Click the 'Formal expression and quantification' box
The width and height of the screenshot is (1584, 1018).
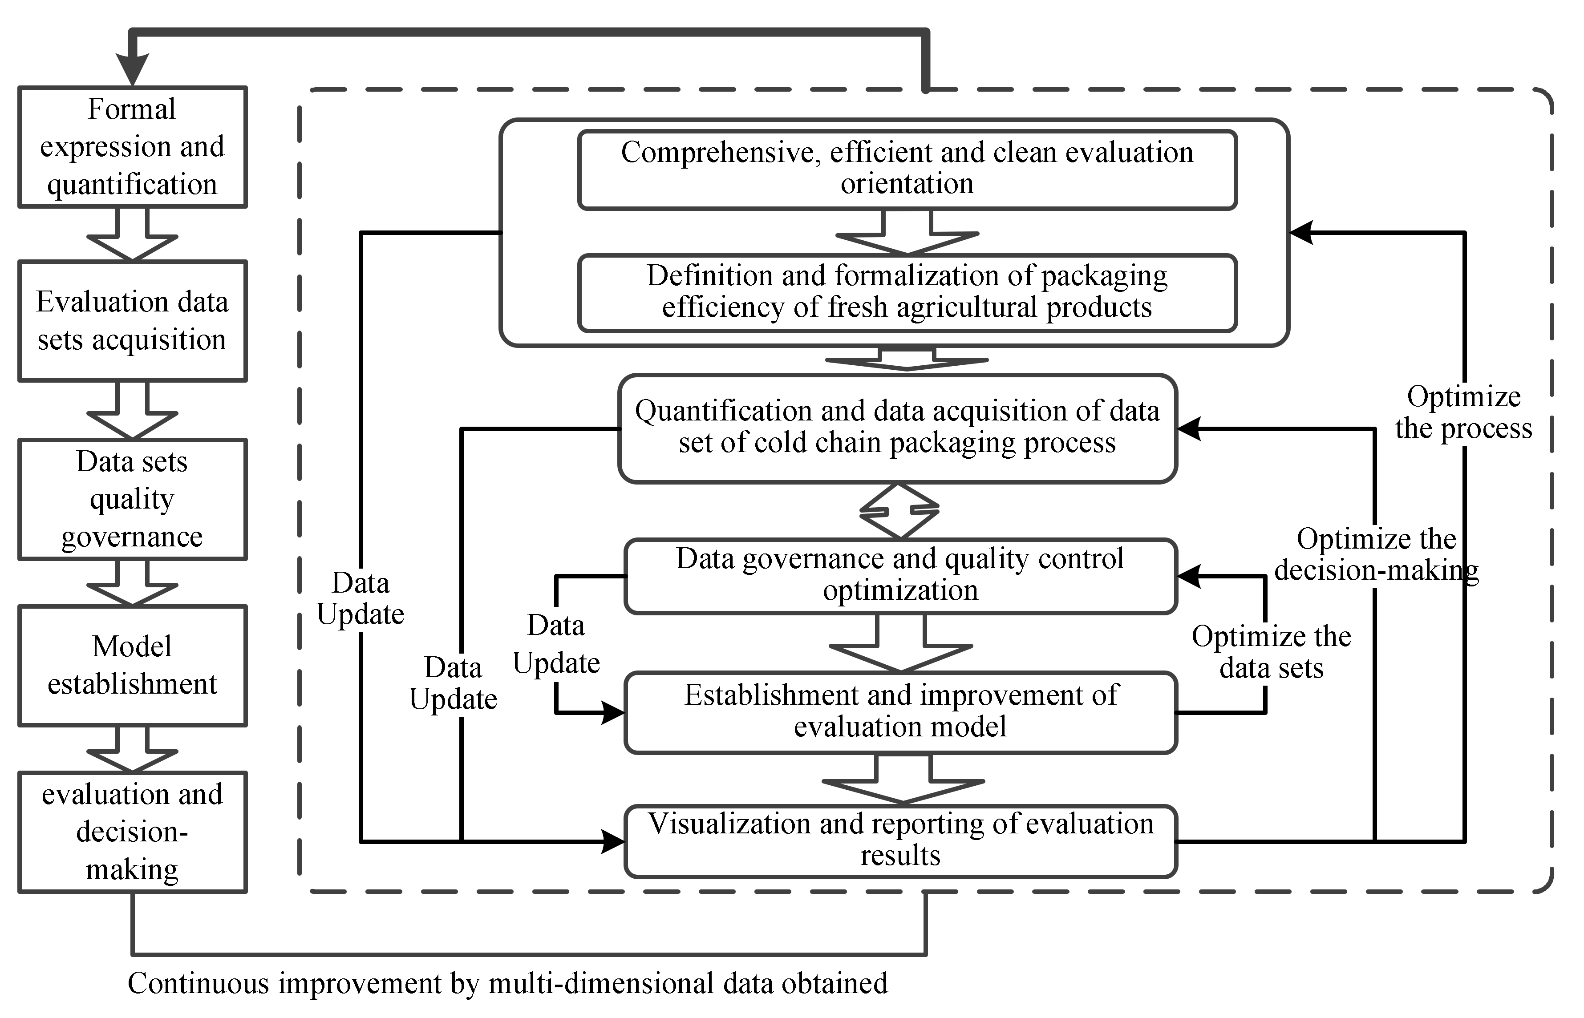132,147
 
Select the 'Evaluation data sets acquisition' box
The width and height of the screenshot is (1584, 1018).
132,321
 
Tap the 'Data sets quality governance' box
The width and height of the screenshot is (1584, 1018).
132,499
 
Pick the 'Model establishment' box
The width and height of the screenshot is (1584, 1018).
132,665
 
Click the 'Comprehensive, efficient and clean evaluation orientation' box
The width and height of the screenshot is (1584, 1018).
907,169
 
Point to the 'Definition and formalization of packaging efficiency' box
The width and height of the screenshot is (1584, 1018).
907,292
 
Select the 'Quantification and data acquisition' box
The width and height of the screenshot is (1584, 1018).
897,428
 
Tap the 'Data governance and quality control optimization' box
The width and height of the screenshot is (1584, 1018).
900,575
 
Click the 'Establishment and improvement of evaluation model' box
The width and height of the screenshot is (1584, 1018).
900,712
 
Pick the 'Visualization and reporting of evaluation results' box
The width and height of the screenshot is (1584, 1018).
900,840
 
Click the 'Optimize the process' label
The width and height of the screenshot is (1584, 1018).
1464,412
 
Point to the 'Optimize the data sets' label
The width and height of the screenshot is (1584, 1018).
1271,652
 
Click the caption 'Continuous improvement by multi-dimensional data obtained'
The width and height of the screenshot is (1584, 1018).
507,983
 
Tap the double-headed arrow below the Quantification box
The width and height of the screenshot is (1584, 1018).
899,511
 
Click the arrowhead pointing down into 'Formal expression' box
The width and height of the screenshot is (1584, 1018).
133,69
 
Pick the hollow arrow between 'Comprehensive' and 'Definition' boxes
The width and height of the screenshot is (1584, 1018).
907,234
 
